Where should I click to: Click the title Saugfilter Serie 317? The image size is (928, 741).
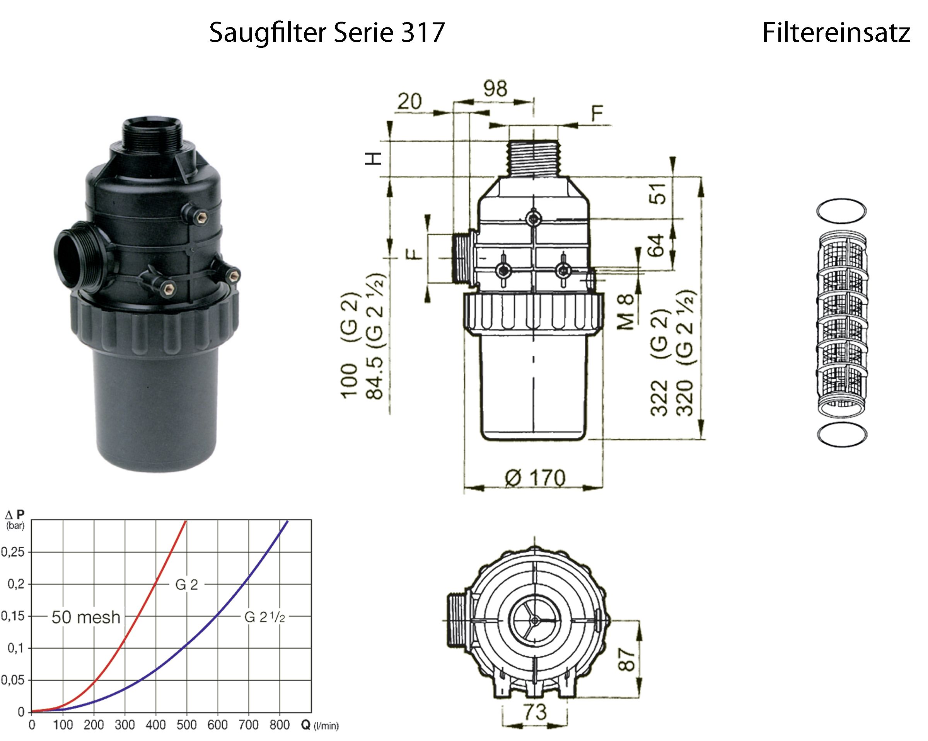click(x=327, y=33)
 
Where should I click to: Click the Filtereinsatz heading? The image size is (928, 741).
click(x=836, y=33)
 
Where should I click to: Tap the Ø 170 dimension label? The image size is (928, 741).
click(x=535, y=478)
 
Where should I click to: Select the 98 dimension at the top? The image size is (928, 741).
click(x=495, y=88)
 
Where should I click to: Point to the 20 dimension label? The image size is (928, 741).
click(x=409, y=102)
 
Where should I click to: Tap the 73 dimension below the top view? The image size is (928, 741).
click(x=535, y=712)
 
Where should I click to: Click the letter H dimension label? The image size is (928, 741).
click(x=373, y=159)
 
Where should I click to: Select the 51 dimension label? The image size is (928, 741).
click(x=658, y=193)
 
